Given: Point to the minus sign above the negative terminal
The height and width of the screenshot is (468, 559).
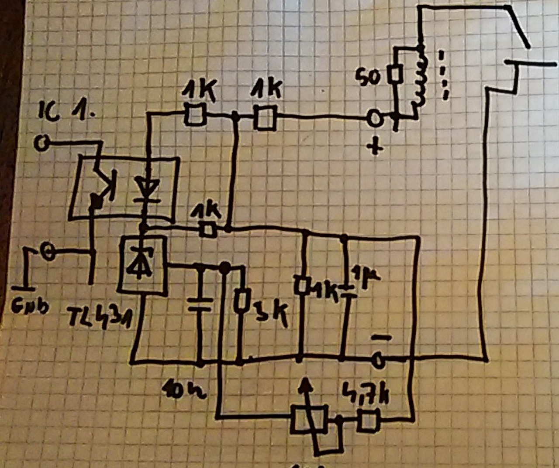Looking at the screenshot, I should point(381,337).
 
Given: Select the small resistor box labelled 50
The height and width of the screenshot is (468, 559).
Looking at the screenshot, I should point(395,74).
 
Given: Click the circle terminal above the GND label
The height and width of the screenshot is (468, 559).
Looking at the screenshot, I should point(48,251).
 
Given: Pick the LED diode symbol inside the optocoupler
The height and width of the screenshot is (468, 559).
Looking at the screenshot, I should point(145,188).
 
